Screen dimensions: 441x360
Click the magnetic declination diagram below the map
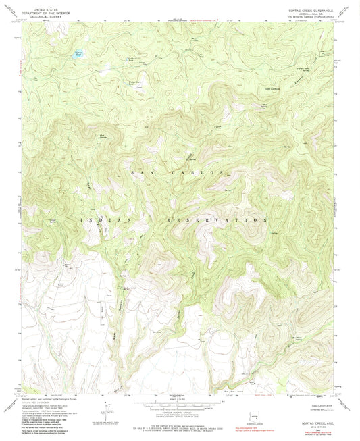click(x=105, y=409)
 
